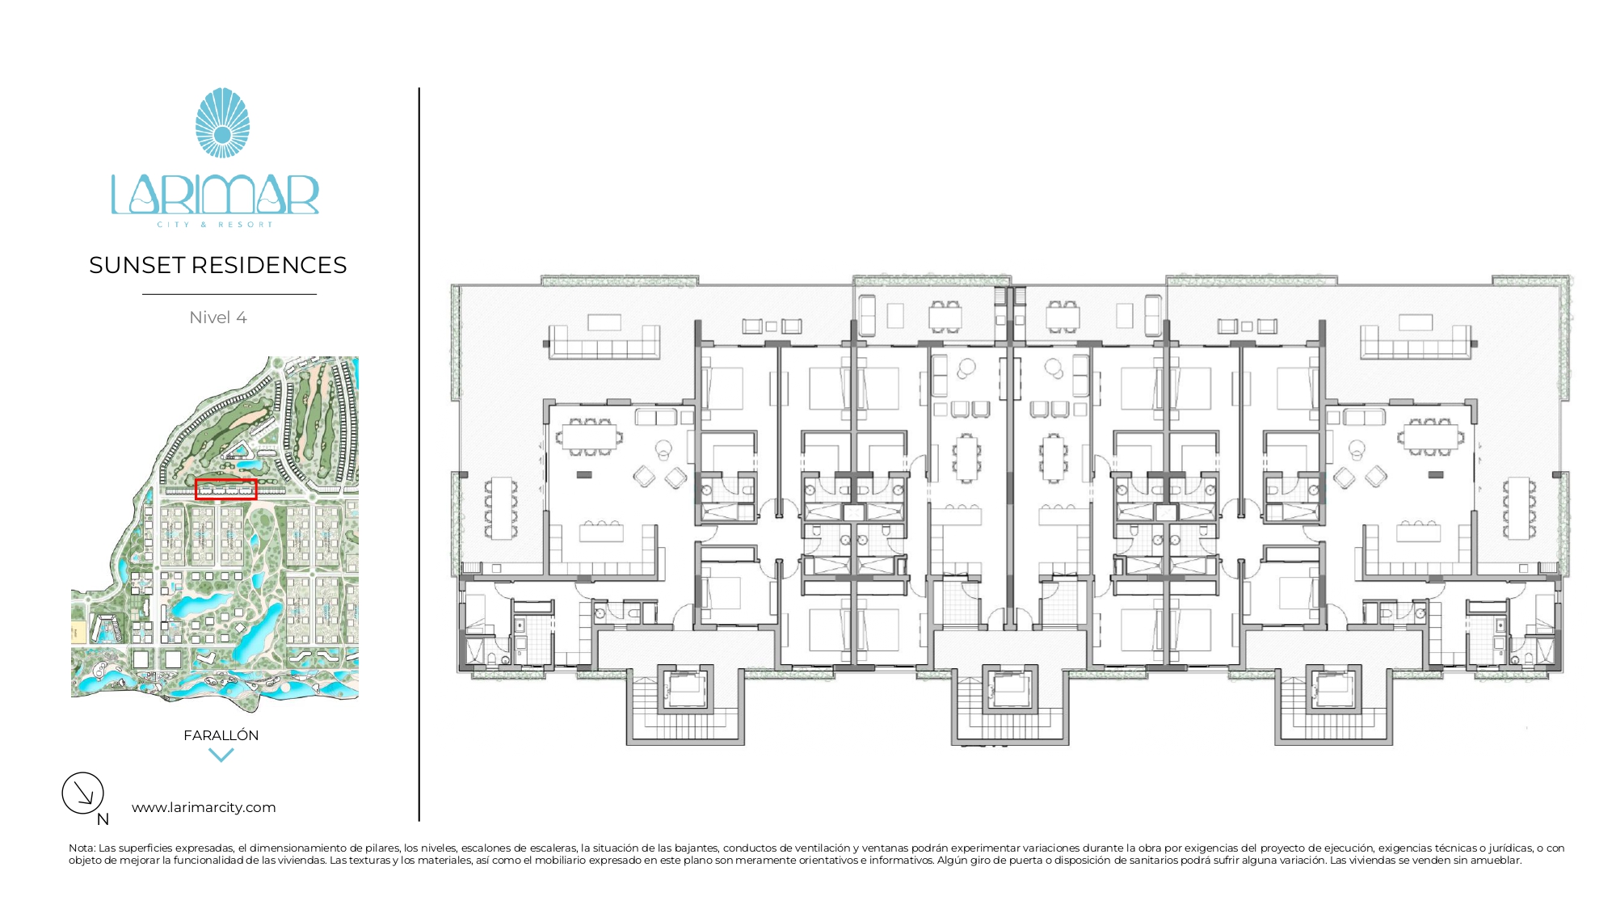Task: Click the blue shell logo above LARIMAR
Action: click(222, 123)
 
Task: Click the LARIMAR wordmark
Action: click(215, 195)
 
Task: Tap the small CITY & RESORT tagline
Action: click(215, 225)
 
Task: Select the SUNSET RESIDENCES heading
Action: click(218, 265)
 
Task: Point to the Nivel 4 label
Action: click(218, 318)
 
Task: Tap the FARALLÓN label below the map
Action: click(221, 735)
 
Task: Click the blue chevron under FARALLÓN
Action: click(221, 755)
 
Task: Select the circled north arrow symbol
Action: click(83, 793)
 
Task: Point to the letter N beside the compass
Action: click(103, 819)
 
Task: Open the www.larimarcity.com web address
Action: click(204, 807)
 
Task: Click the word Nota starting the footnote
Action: click(81, 848)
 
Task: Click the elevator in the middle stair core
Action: click(1008, 689)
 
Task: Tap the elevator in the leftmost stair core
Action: click(685, 689)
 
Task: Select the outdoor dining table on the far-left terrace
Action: click(502, 508)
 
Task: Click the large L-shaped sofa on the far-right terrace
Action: click(1416, 341)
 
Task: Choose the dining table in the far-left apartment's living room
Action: click(591, 437)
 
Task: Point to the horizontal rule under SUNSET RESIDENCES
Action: click(229, 294)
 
